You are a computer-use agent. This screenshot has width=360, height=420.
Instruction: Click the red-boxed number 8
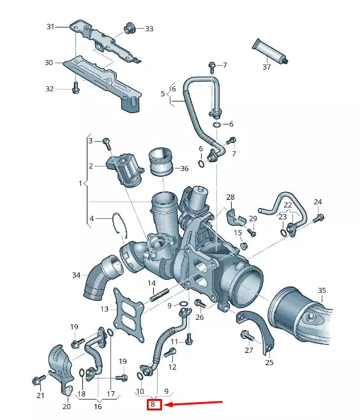coord(153,404)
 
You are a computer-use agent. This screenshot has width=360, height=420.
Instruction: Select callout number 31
coord(50,26)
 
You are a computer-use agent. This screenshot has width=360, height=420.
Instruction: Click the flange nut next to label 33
coord(131,27)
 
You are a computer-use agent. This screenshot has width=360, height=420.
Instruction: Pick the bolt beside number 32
coord(75,88)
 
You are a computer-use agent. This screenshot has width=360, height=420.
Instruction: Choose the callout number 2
coord(91,165)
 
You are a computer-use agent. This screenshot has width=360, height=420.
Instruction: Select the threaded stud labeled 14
coord(159,296)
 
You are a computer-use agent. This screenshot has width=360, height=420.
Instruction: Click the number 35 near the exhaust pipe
coord(321,290)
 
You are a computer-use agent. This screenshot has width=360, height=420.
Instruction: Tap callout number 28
coord(230,197)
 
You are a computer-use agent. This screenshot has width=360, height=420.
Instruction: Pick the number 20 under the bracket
coord(66,406)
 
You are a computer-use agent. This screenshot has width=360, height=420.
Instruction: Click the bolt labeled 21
coord(36,381)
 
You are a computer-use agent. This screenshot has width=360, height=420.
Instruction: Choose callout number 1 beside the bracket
coord(80,183)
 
